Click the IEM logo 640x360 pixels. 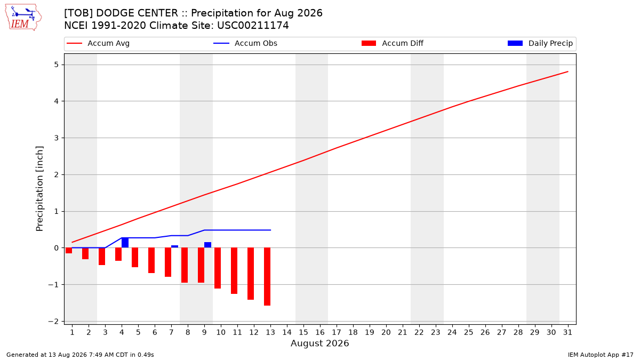[x=23, y=18]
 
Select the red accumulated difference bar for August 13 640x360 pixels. [x=267, y=277]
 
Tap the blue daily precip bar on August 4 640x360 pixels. [x=125, y=243]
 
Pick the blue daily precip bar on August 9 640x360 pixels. [x=207, y=245]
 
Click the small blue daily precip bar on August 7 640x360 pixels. [x=174, y=246]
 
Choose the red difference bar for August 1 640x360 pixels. [x=69, y=251]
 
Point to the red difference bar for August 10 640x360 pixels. [x=218, y=268]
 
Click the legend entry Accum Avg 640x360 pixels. [x=98, y=43]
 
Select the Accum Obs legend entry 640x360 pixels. [x=245, y=43]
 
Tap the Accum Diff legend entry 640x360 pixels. [x=393, y=43]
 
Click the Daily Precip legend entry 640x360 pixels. [x=540, y=43]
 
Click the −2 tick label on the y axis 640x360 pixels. [x=53, y=322]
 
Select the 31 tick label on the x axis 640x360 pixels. [x=567, y=332]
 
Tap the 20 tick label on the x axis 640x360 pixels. [x=386, y=332]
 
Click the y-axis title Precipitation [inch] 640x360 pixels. [x=39, y=189]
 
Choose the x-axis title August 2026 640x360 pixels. [x=319, y=343]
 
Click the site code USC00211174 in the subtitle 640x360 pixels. [x=253, y=26]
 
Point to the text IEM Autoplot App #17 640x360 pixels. [x=601, y=355]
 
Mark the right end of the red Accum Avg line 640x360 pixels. [x=567, y=71]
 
